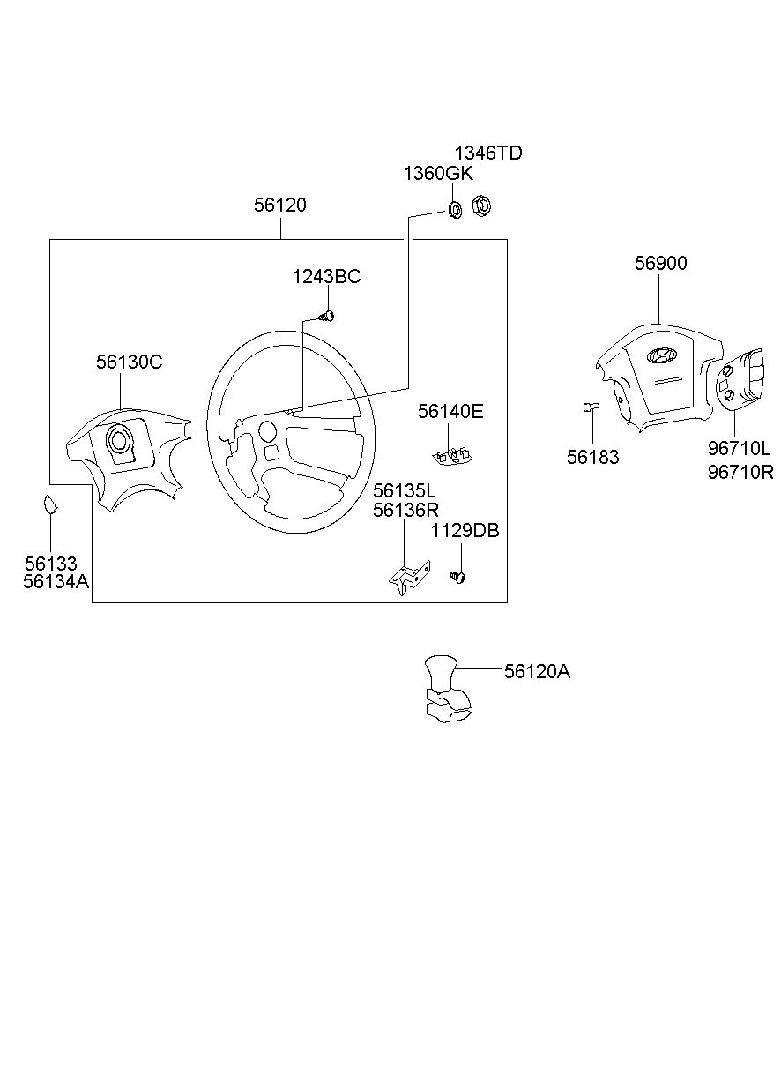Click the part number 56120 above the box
click(x=279, y=205)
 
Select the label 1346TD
click(x=488, y=153)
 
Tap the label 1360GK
click(x=438, y=174)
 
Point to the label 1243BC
click(x=326, y=277)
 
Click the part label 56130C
click(x=129, y=362)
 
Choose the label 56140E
click(x=450, y=411)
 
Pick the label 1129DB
click(x=465, y=531)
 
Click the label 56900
click(x=660, y=263)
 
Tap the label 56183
click(x=592, y=457)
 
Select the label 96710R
click(x=740, y=472)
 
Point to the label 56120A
click(x=537, y=672)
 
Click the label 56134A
click(x=56, y=582)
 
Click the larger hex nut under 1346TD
click(x=481, y=205)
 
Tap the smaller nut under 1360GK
click(x=455, y=209)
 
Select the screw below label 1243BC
click(x=326, y=315)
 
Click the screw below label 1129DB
click(x=457, y=578)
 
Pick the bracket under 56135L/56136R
click(x=409, y=578)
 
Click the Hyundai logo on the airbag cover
click(x=661, y=355)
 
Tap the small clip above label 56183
click(x=591, y=407)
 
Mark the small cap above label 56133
click(x=50, y=504)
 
